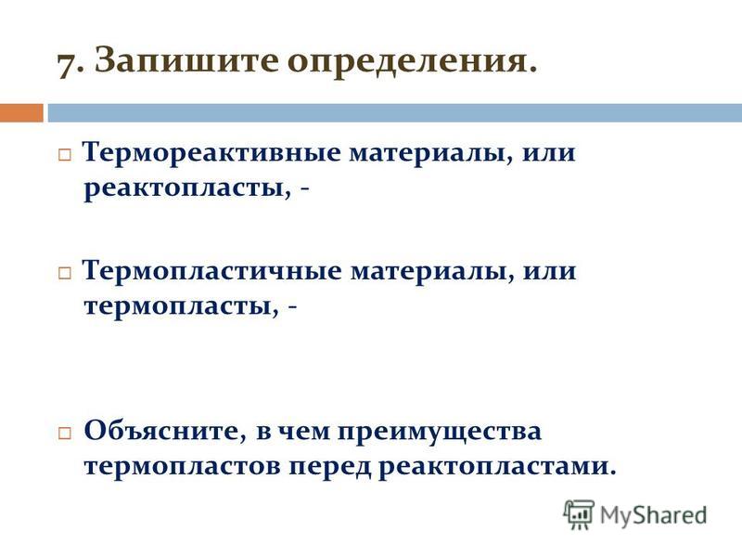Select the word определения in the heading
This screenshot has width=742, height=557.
coord(412,62)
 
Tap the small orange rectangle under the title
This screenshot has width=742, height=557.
coord(21,113)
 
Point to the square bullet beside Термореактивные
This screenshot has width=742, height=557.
coord(64,155)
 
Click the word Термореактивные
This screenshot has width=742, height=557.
coord(211,152)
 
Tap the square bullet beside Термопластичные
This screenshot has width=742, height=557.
coord(64,273)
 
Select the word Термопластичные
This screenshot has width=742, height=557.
coord(211,271)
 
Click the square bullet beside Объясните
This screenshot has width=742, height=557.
coord(64,433)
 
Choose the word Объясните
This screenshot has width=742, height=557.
coord(165,430)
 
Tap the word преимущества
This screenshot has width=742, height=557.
coord(440,432)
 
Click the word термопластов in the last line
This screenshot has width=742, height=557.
coord(183,468)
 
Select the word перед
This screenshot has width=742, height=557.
coord(330,468)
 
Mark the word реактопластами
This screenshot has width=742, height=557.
coord(497,468)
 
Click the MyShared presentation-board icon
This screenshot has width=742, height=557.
coord(579,514)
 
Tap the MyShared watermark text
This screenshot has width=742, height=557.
coord(653,516)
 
